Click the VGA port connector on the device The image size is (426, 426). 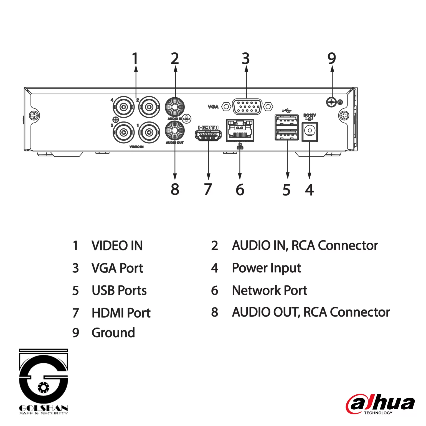pyautogui.click(x=247, y=106)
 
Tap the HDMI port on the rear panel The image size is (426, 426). pyautogui.click(x=208, y=136)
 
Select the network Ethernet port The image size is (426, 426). pyautogui.click(x=240, y=131)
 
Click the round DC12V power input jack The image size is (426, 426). pyautogui.click(x=310, y=131)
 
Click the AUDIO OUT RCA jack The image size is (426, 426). pyautogui.click(x=175, y=131)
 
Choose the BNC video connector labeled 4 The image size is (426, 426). pyautogui.click(x=124, y=107)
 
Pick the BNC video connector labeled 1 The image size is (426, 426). pyautogui.click(x=149, y=132)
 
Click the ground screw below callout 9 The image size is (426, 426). pyautogui.click(x=331, y=102)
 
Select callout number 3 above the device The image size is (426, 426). pyautogui.click(x=246, y=59)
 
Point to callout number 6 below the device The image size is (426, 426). pyautogui.click(x=240, y=190)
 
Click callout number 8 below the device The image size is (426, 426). pyautogui.click(x=175, y=189)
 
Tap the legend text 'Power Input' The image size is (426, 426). pyautogui.click(x=266, y=268)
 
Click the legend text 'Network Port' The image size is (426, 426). pyautogui.click(x=269, y=291)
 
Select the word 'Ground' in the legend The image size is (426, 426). pyautogui.click(x=113, y=333)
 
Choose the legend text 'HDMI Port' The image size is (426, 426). pyautogui.click(x=121, y=313)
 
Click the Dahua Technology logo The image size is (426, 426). pyautogui.click(x=380, y=404)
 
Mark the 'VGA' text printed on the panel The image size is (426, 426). pyautogui.click(x=213, y=107)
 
